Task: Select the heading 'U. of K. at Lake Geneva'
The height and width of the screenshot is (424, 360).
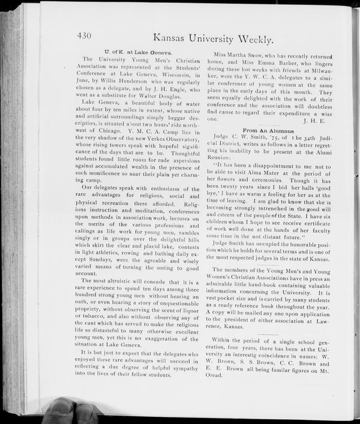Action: pyautogui.click(x=137, y=52)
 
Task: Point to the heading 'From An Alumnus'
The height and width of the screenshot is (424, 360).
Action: pyautogui.click(x=268, y=130)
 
